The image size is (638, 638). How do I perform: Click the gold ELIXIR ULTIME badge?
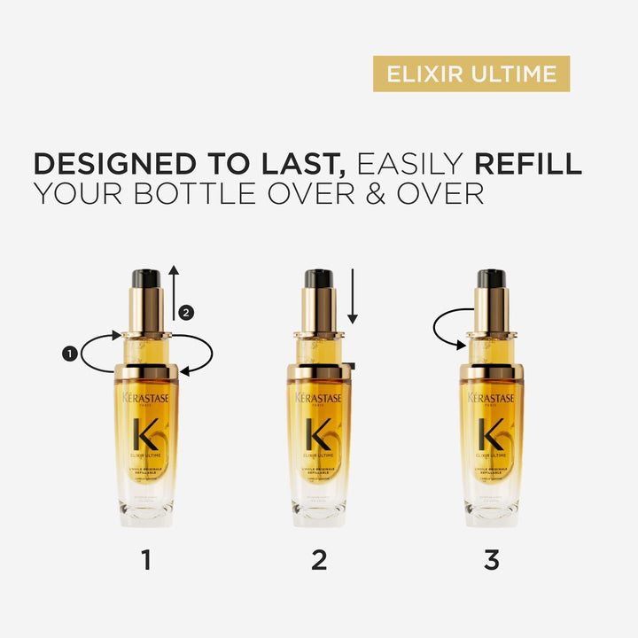tap(471, 74)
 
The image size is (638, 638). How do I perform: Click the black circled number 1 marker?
tap(69, 354)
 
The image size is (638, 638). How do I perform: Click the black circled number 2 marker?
tap(185, 312)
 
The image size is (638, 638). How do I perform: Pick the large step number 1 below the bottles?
tap(146, 560)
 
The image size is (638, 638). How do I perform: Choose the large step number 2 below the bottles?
tap(319, 560)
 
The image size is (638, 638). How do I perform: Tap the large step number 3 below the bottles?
tap(492, 560)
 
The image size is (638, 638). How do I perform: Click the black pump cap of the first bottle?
tap(145, 278)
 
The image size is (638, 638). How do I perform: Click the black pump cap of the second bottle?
tap(318, 278)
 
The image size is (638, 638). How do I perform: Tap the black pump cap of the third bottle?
tap(491, 278)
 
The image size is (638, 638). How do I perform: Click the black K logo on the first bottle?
tap(145, 434)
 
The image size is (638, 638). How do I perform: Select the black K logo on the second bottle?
tap(318, 434)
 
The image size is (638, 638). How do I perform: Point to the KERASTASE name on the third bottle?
tap(491, 399)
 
